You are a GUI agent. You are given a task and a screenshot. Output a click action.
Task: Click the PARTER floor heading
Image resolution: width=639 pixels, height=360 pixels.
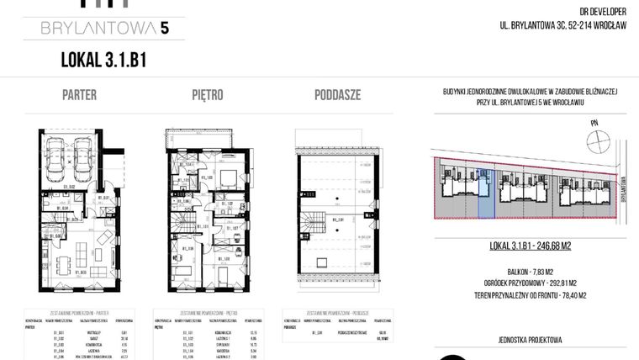coord(79,94)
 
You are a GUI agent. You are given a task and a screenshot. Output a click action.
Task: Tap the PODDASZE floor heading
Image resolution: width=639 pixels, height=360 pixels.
coord(337,94)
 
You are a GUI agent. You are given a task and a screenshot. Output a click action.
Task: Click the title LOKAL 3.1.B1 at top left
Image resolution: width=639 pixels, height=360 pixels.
coord(104,59)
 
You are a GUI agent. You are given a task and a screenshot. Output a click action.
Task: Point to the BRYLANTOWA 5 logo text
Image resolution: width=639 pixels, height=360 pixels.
coord(104,29)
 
